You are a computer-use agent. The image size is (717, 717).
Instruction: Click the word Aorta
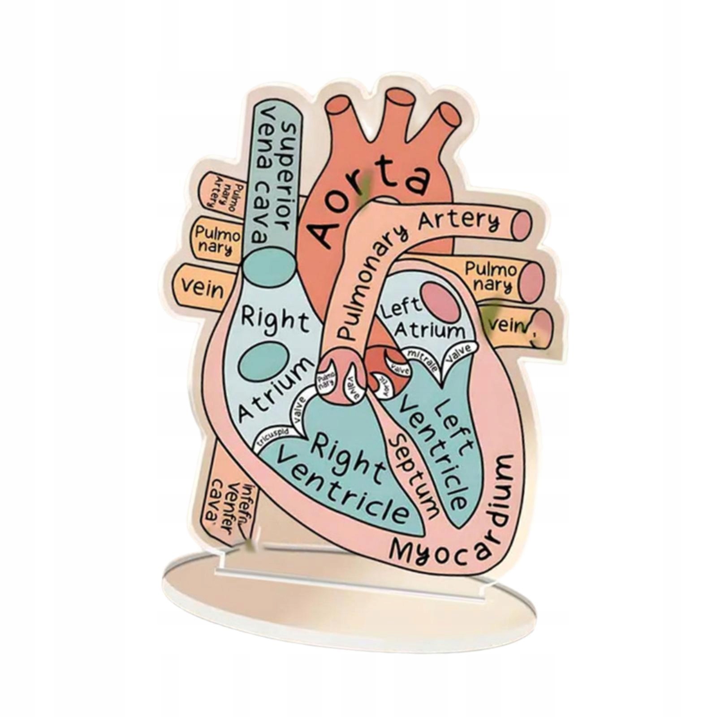(367, 204)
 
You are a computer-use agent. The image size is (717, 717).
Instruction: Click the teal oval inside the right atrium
(263, 362)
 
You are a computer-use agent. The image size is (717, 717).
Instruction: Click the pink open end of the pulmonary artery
(521, 224)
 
